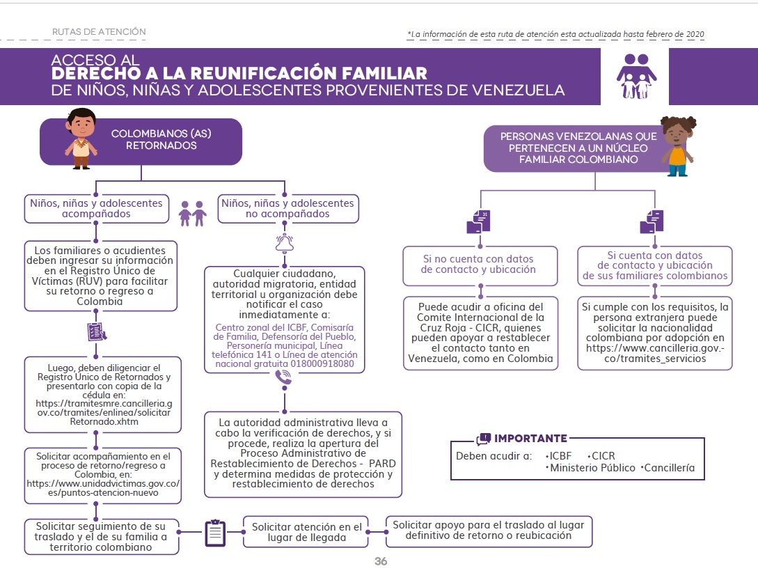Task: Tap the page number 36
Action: pyautogui.click(x=380, y=561)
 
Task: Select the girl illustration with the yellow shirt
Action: pyautogui.click(x=677, y=146)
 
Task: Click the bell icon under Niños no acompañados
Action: pyautogui.click(x=285, y=242)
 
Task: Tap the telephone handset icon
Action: pyautogui.click(x=284, y=377)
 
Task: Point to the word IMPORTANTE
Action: pyautogui.click(x=530, y=438)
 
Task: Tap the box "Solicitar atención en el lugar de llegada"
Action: pyautogui.click(x=307, y=533)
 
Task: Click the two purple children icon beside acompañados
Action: pyautogui.click(x=193, y=213)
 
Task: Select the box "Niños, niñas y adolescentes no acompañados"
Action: pyautogui.click(x=287, y=208)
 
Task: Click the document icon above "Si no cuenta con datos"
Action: pyautogui.click(x=478, y=221)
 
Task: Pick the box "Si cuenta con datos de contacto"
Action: pyautogui.click(x=655, y=265)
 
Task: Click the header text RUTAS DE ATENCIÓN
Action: pyautogui.click(x=99, y=31)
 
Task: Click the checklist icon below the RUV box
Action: pyautogui.click(x=97, y=332)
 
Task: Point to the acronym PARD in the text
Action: pyautogui.click(x=382, y=462)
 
